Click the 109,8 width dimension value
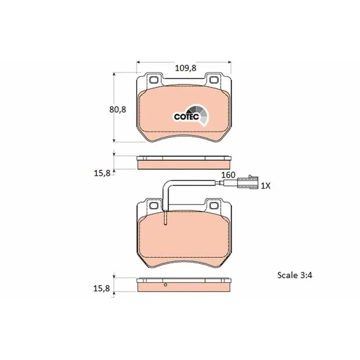click(186, 68)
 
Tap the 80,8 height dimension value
click(117, 110)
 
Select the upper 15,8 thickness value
click(102, 173)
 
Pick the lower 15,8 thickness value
click(102, 288)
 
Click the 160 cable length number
click(228, 175)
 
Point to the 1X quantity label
click(266, 186)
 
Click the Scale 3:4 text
click(295, 275)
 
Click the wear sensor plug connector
click(247, 183)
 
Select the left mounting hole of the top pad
click(154, 80)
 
